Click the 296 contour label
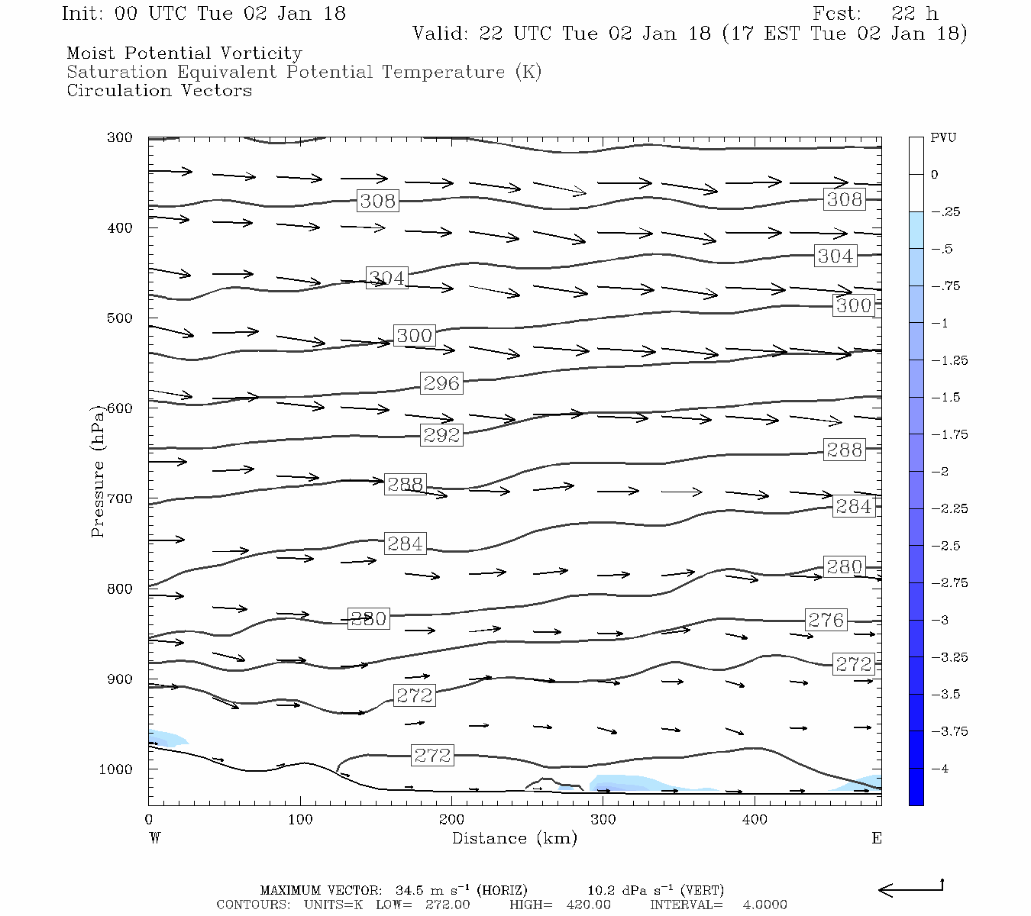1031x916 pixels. [x=441, y=382]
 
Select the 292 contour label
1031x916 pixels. [x=441, y=434]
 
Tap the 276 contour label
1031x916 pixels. [x=826, y=619]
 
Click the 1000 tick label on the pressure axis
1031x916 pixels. [x=116, y=769]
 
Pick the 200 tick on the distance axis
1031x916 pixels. [x=451, y=820]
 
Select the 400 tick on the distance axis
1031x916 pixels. [x=755, y=820]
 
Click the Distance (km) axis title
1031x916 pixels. [x=514, y=838]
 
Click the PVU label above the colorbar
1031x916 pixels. [x=943, y=137]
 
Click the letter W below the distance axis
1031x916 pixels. [x=155, y=838]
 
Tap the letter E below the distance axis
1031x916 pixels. [x=877, y=838]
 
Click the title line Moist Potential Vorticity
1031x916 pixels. [x=184, y=53]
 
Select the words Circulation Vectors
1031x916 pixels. [x=159, y=90]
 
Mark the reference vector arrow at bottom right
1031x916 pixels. [x=910, y=889]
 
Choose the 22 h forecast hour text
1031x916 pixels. [x=914, y=14]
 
